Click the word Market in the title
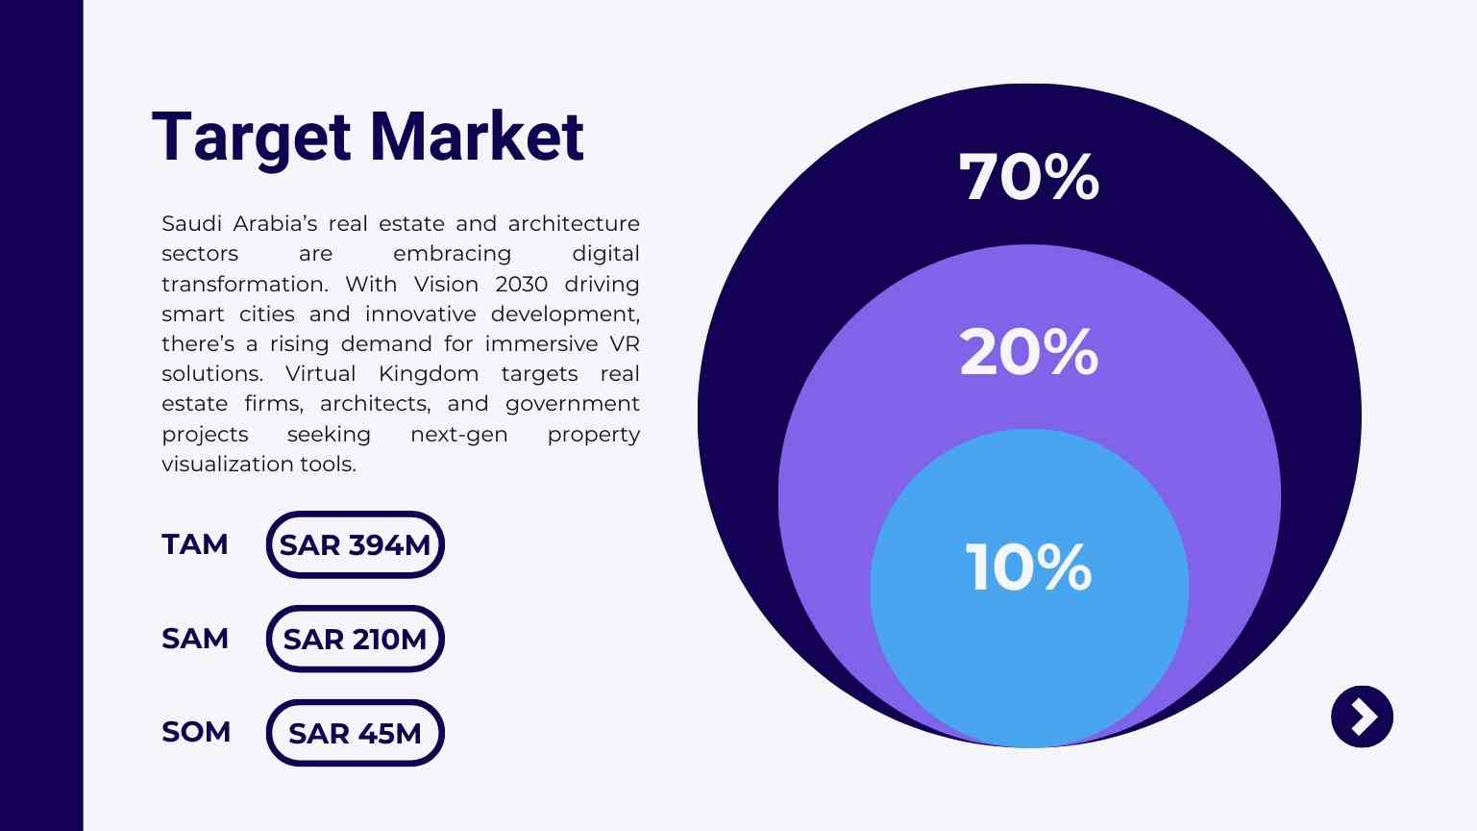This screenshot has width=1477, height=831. point(477,137)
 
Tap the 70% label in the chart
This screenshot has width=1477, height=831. point(1028,177)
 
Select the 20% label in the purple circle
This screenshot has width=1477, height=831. point(1028,352)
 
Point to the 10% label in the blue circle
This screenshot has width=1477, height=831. point(1028,567)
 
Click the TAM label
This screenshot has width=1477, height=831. point(195,544)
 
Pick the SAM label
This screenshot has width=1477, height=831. point(195,639)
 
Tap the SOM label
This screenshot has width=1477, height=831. point(196,732)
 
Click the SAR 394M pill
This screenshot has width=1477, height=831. point(355,544)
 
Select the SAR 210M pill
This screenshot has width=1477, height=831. point(355,639)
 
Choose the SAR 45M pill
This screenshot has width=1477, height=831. point(355,733)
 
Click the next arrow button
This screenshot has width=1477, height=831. point(1362,717)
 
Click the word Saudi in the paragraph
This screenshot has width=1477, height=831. point(190,223)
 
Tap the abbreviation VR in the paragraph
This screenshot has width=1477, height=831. point(625,343)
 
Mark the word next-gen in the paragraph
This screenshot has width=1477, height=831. point(458,434)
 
